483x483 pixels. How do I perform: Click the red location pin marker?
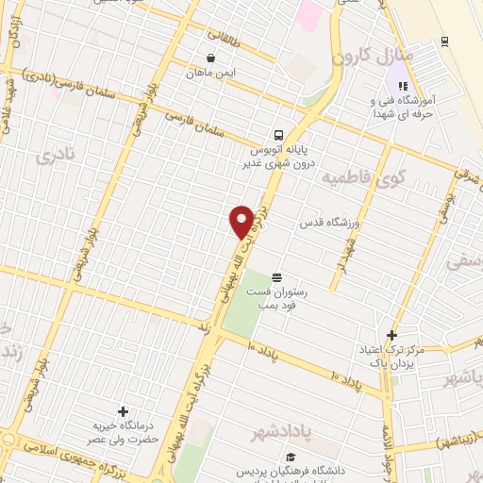pos(241,222)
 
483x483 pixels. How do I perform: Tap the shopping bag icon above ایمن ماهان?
pos(209,57)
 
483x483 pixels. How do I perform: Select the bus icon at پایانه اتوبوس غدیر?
pos(278,134)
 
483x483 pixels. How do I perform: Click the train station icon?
pos(443,42)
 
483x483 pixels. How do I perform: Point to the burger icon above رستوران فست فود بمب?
pos(275,277)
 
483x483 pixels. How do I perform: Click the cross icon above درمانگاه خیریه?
pos(122,411)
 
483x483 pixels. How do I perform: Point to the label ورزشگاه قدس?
pos(331,223)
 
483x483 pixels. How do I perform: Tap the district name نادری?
pos(52,157)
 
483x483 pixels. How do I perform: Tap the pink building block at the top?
pos(309,14)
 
